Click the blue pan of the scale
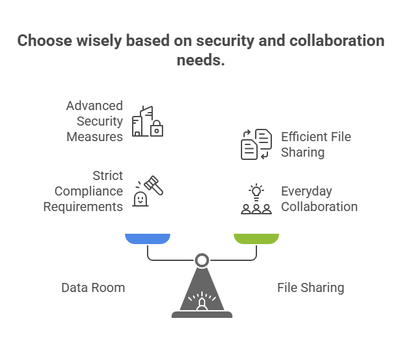[x=148, y=239]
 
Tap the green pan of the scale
[x=256, y=239]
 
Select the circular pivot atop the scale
[x=202, y=260]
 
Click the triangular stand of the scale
[x=202, y=291]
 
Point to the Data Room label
[x=93, y=287]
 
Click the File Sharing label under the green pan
[x=310, y=287]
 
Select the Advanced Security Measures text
[x=95, y=121]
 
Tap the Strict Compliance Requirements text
[x=84, y=191]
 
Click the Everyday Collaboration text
[x=319, y=199]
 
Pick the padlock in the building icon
[x=157, y=129]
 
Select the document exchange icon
[x=256, y=144]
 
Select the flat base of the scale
[x=202, y=315]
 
